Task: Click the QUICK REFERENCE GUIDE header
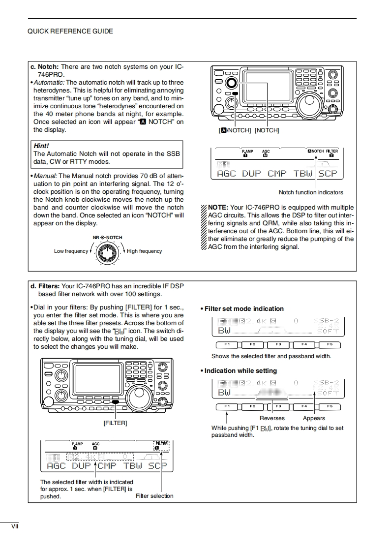coord(70,31)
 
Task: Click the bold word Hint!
coord(41,146)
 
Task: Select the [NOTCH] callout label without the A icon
coord(267,130)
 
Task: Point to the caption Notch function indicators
coord(311,192)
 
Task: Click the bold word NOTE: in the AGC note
coord(218,208)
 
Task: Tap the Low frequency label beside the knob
coord(71,251)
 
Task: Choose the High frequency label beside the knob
coord(144,251)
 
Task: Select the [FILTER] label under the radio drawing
coord(115,423)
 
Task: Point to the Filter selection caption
coord(154,496)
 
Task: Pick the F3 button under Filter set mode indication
coord(278,344)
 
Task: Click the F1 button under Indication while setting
coord(227,406)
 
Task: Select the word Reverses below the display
coord(272,418)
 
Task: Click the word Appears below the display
coord(314,418)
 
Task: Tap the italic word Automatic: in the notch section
coord(49,83)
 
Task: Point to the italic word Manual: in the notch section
coord(45,176)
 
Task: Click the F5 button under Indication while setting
coord(330,406)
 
